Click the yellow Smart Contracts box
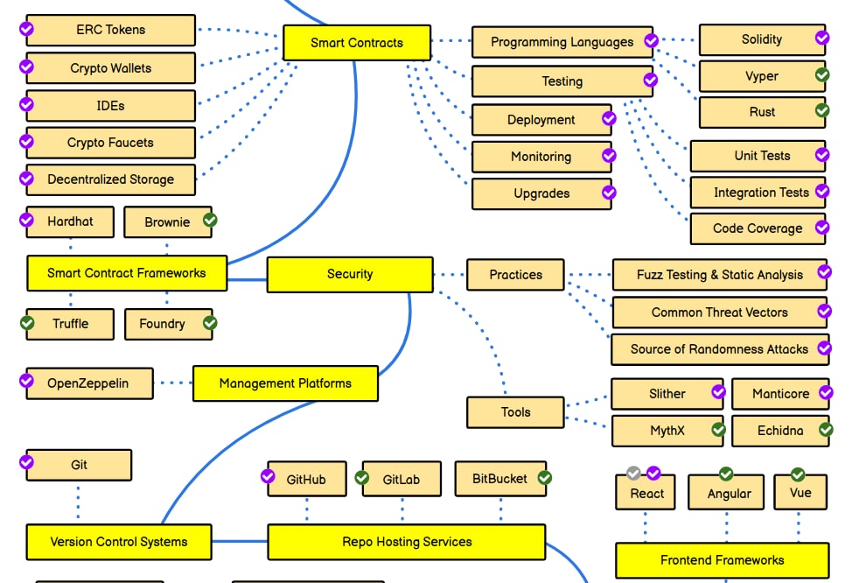(x=356, y=43)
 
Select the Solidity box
(x=761, y=40)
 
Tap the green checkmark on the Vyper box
(x=822, y=75)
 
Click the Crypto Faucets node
(x=110, y=143)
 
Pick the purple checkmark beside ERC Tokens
(x=27, y=29)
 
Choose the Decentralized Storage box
(x=110, y=179)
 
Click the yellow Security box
(x=349, y=274)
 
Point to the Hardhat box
(x=70, y=222)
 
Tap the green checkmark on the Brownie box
(x=210, y=219)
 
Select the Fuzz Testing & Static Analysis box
(x=719, y=275)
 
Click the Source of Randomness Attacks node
(x=719, y=349)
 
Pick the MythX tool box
(x=667, y=431)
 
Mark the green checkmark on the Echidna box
(x=826, y=429)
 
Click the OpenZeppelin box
(x=87, y=383)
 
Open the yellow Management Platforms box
(x=285, y=383)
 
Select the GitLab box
(x=402, y=480)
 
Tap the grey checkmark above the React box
(x=634, y=474)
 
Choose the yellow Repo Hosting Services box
(x=406, y=542)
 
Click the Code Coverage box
(x=757, y=228)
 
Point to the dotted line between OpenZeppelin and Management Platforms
(x=173, y=383)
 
